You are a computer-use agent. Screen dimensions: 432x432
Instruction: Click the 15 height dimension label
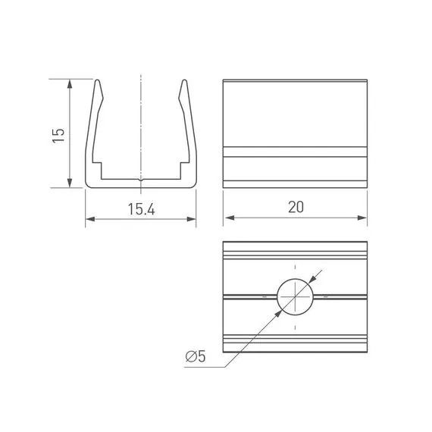(58, 135)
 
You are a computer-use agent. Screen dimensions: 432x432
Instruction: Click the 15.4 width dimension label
(141, 209)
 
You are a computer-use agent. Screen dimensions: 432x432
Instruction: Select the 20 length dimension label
(296, 207)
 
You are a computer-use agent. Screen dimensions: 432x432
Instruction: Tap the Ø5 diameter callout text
(196, 356)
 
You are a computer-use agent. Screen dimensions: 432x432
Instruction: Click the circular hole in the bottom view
(295, 296)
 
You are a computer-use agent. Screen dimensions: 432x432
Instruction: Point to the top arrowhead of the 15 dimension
(70, 84)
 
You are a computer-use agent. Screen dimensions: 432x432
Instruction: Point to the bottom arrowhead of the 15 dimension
(70, 183)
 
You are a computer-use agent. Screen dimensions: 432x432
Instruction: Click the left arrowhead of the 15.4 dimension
(90, 219)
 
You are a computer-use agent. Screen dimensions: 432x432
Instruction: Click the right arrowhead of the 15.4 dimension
(191, 219)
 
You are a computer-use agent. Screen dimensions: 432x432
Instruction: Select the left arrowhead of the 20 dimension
(230, 218)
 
